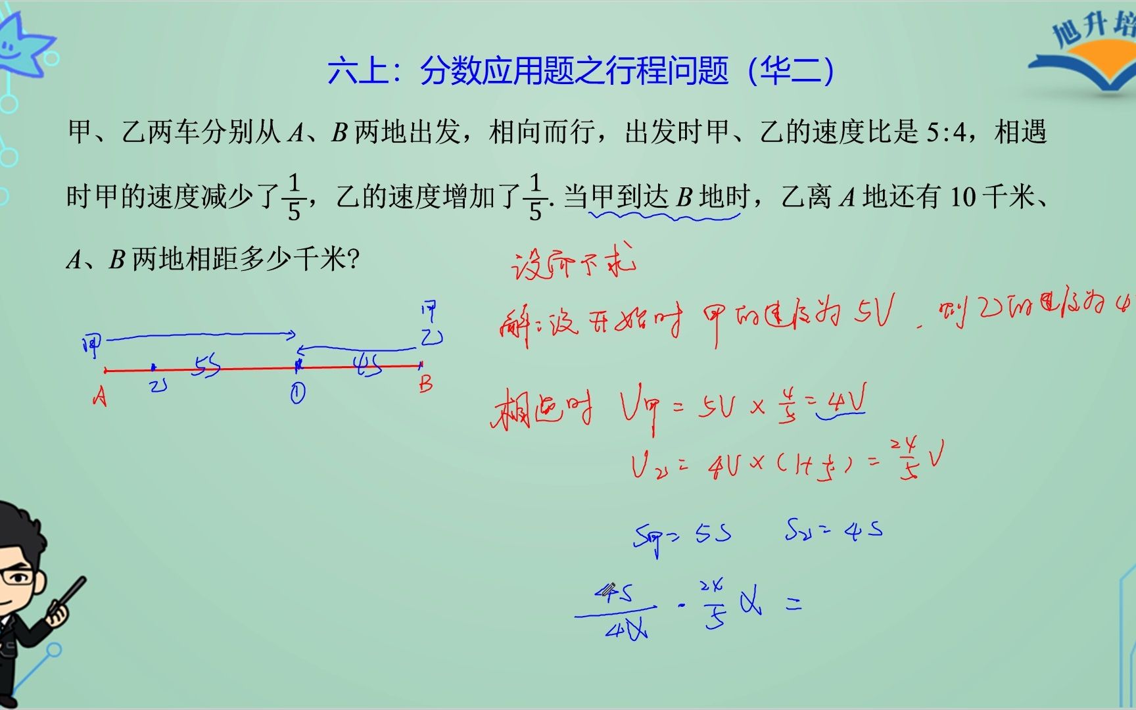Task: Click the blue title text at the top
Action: [x=581, y=71]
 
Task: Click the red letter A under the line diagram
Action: [x=99, y=396]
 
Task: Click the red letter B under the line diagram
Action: [x=426, y=383]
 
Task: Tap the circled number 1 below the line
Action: [x=297, y=393]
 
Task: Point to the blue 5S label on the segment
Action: [x=206, y=366]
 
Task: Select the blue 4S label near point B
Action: [x=368, y=365]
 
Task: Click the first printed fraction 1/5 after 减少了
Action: [x=294, y=197]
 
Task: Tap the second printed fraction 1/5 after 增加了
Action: [x=535, y=197]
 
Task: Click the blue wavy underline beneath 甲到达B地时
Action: [x=664, y=215]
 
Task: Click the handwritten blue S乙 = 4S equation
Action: [x=833, y=530]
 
